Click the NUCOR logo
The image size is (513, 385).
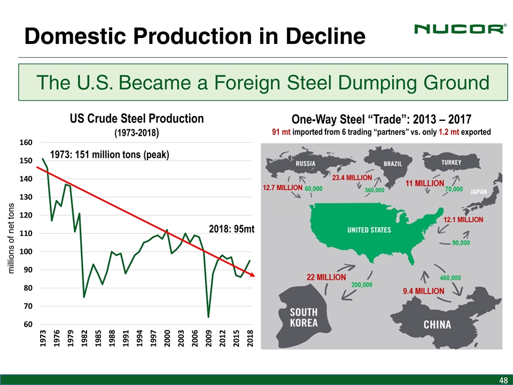tap(459, 29)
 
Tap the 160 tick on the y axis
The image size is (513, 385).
tap(26, 143)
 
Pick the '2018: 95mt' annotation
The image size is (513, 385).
tap(232, 229)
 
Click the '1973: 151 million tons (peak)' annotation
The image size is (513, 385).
tap(110, 155)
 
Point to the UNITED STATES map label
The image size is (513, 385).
tap(369, 230)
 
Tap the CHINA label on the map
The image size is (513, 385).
tap(437, 325)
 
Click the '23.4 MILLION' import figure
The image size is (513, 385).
tap(353, 177)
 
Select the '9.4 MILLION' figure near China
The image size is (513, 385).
tap(423, 291)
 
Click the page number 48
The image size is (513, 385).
tap(502, 380)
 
